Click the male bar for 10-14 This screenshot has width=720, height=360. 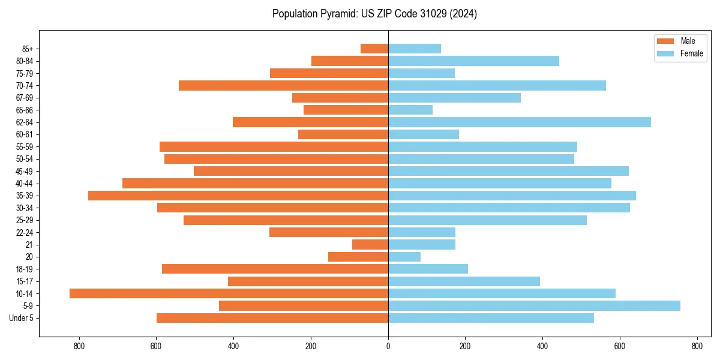(x=229, y=293)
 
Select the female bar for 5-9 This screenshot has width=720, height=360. (x=534, y=306)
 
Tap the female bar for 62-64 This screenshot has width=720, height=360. (x=520, y=122)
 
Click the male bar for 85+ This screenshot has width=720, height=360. (x=374, y=49)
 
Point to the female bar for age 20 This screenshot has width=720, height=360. (x=404, y=257)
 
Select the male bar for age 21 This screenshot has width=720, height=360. (x=370, y=245)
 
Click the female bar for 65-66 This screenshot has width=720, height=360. (x=410, y=110)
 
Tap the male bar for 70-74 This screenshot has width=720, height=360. (x=283, y=85)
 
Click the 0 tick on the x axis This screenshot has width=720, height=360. (x=388, y=346)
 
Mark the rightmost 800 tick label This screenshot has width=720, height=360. (x=697, y=346)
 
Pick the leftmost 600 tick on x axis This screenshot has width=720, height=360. (x=156, y=346)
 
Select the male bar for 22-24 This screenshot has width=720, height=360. (x=329, y=232)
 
